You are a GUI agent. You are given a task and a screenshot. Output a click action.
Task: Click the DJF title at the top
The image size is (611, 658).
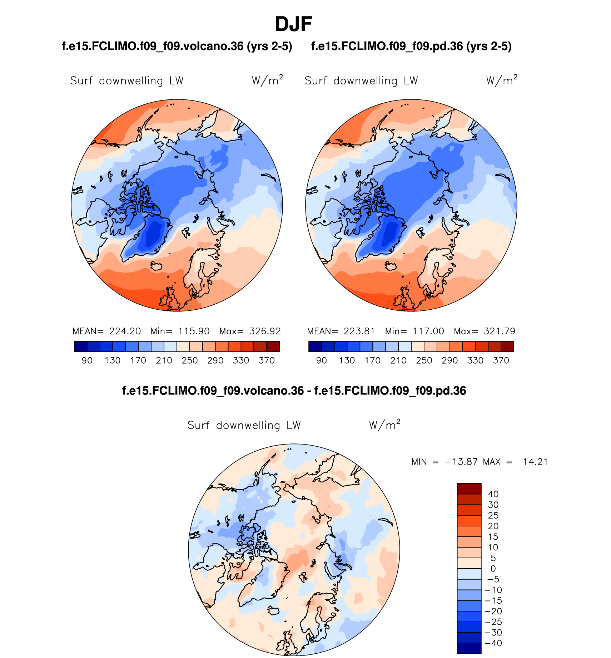coord(293,24)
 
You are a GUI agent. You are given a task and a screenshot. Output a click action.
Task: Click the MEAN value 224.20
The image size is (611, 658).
coord(125,331)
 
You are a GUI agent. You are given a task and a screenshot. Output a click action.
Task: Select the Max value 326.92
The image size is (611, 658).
coord(265,331)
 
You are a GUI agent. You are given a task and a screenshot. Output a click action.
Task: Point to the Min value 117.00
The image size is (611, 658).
coord(428,331)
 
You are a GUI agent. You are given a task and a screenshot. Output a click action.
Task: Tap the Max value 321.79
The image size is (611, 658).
coord(499,331)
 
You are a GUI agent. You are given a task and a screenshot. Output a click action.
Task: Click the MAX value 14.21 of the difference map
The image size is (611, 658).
coord(535,462)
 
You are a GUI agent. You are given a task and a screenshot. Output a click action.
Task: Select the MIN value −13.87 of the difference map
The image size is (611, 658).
coord(461,462)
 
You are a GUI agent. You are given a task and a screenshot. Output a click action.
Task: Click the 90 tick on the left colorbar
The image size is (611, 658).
coord(87,360)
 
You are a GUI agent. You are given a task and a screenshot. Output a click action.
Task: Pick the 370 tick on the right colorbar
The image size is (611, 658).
coord(501,360)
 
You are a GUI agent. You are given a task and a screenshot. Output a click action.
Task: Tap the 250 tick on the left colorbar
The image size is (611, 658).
coord(189,360)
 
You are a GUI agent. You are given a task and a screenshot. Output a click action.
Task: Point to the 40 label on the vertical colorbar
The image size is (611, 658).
coord(493,494)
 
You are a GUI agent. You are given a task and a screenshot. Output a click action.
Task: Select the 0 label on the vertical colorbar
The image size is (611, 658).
coord(493,569)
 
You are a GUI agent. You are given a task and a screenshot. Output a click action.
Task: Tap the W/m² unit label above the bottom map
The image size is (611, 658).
coord(384,425)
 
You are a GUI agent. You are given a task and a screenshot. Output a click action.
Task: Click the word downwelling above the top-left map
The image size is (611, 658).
coord(131,81)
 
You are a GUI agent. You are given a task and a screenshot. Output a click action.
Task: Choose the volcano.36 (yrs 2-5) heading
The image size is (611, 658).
coord(177,46)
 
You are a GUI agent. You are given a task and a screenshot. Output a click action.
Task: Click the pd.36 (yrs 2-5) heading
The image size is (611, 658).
coord(411,46)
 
